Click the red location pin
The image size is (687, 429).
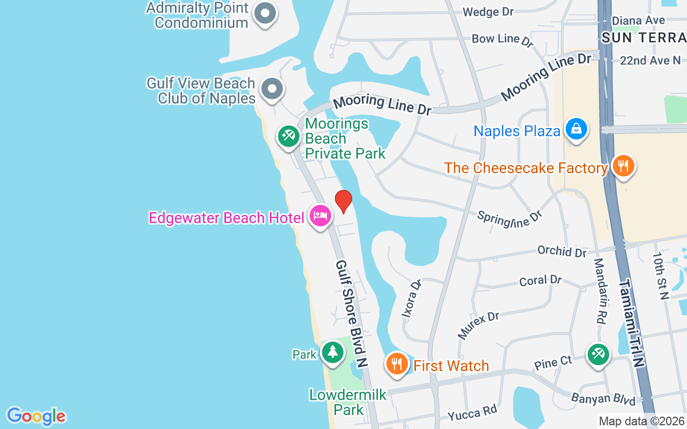pyautogui.click(x=343, y=202)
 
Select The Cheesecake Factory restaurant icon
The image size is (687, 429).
pyautogui.click(x=623, y=166)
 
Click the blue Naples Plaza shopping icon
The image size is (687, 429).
pyautogui.click(x=576, y=129)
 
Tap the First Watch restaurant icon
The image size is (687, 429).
pyautogui.click(x=397, y=364)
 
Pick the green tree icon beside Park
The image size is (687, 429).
pyautogui.click(x=333, y=352)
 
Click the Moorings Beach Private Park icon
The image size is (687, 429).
pyautogui.click(x=288, y=136)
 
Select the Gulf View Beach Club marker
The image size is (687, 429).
pyautogui.click(x=272, y=88)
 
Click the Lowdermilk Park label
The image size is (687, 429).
pyautogui.click(x=348, y=402)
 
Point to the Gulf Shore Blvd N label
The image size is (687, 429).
pyautogui.click(x=352, y=314)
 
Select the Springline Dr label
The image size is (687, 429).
pyautogui.click(x=510, y=218)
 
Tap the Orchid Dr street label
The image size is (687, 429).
pyautogui.click(x=561, y=250)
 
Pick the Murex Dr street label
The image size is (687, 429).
pyautogui.click(x=478, y=326)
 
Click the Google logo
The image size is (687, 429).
pyautogui.click(x=36, y=416)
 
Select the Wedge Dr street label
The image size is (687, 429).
pyautogui.click(x=488, y=12)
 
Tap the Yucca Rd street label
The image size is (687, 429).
pyautogui.click(x=473, y=412)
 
